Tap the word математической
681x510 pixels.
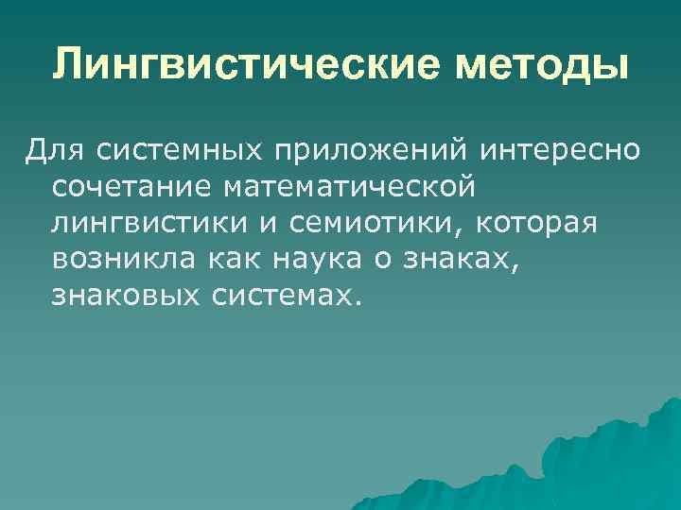click(347, 187)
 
